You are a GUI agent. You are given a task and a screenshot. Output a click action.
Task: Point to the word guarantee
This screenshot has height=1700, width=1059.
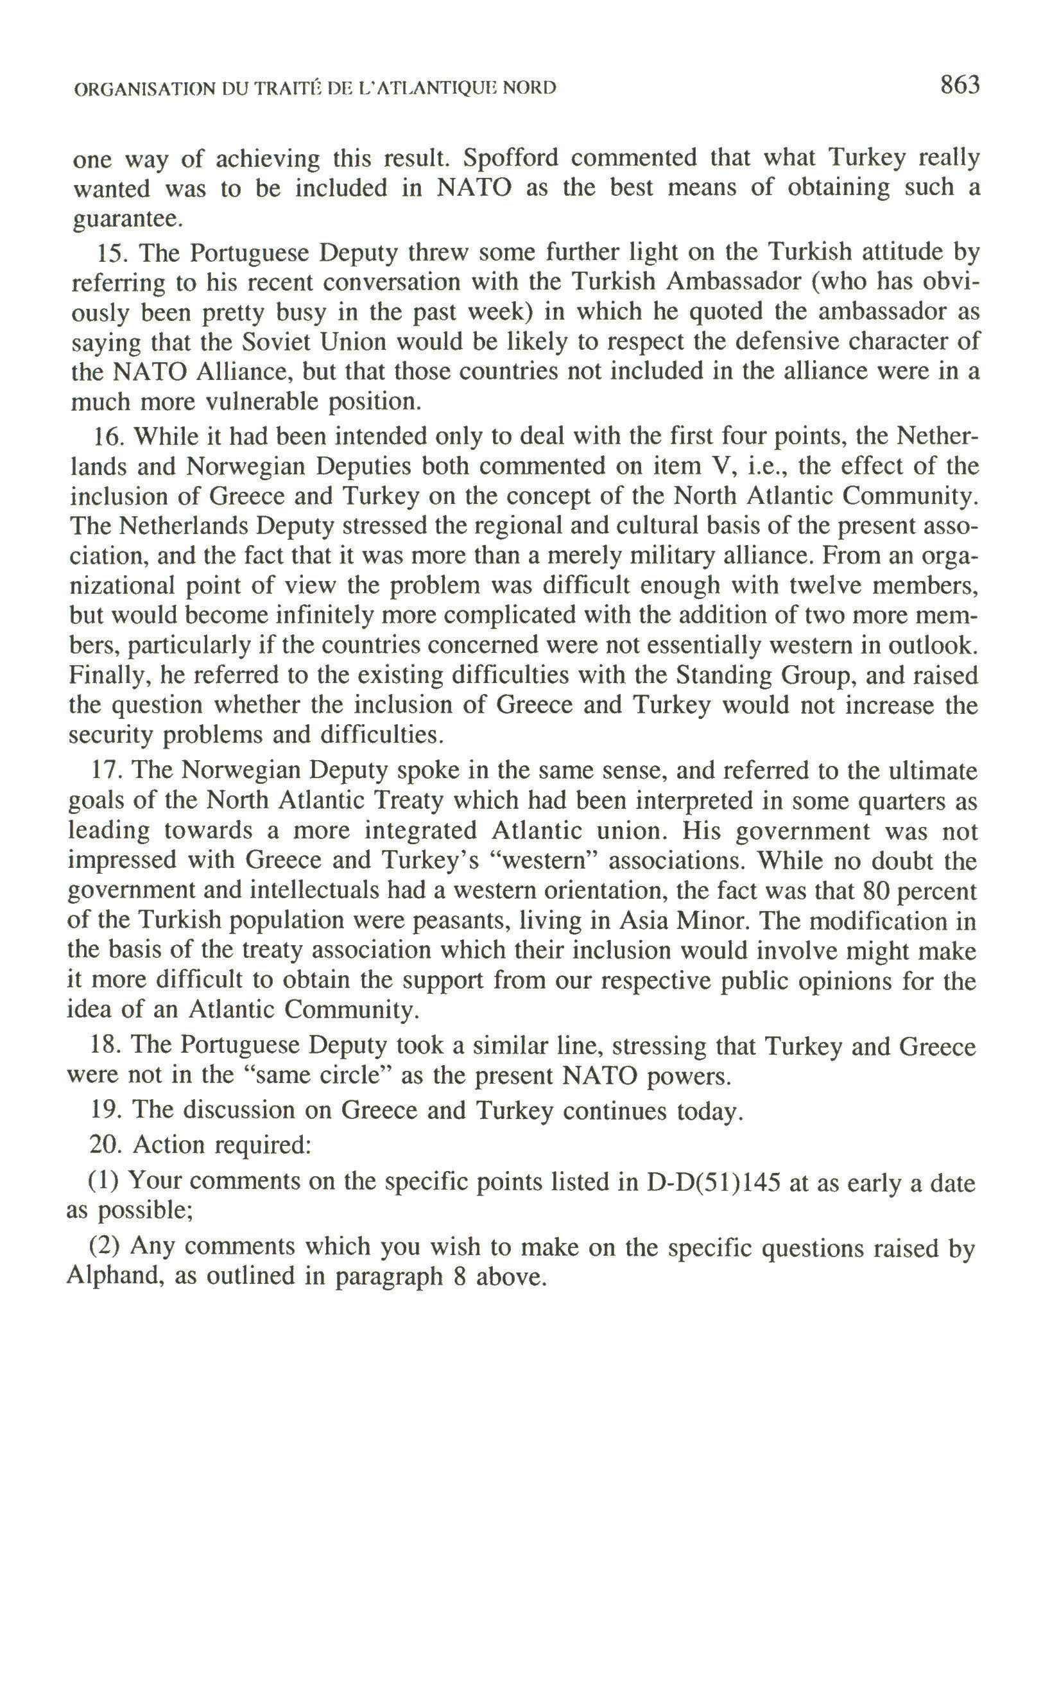pos(128,220)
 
